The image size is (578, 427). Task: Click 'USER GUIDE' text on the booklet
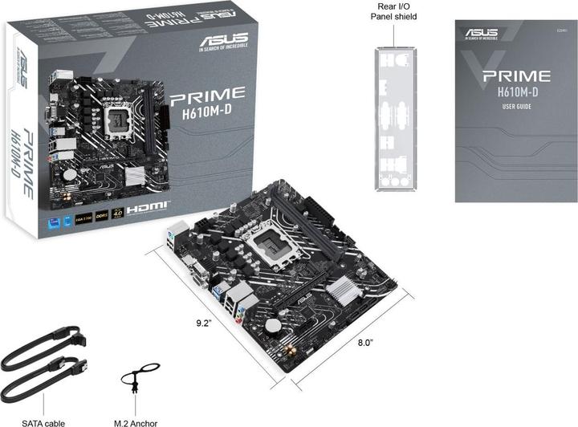515,107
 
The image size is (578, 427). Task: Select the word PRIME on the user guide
515,76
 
